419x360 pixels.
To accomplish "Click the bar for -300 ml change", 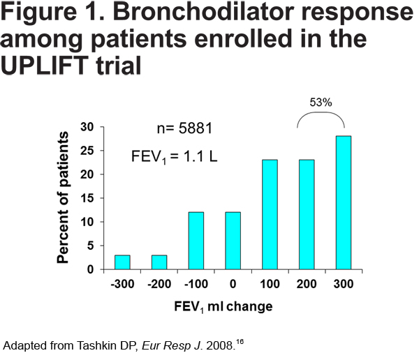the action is point(122,262).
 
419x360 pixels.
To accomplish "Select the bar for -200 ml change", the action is point(159,262).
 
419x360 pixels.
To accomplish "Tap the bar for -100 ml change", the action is point(196,241).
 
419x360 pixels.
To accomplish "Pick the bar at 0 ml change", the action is point(233,241).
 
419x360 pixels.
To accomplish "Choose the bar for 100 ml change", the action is point(270,214).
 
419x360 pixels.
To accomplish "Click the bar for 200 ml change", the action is point(307,214).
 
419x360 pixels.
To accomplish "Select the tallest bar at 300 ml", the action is point(344,203).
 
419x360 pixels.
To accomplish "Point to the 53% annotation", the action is point(321,103).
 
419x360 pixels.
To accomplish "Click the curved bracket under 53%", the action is point(321,112).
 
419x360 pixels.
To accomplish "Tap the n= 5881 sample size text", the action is point(184,128).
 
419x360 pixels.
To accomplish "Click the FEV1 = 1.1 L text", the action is point(174,157).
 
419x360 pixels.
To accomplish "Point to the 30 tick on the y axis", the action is point(87,127).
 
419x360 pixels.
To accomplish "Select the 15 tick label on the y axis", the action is point(87,198).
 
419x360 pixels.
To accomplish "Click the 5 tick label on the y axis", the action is point(91,246).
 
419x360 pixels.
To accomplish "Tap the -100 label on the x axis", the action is point(196,284).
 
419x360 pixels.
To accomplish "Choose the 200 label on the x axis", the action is point(307,284).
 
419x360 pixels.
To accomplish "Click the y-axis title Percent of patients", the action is point(63,197).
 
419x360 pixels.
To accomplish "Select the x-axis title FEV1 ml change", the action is point(223,307).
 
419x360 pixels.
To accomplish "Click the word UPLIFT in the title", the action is point(45,66).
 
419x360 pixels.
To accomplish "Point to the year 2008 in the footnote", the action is point(219,345).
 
